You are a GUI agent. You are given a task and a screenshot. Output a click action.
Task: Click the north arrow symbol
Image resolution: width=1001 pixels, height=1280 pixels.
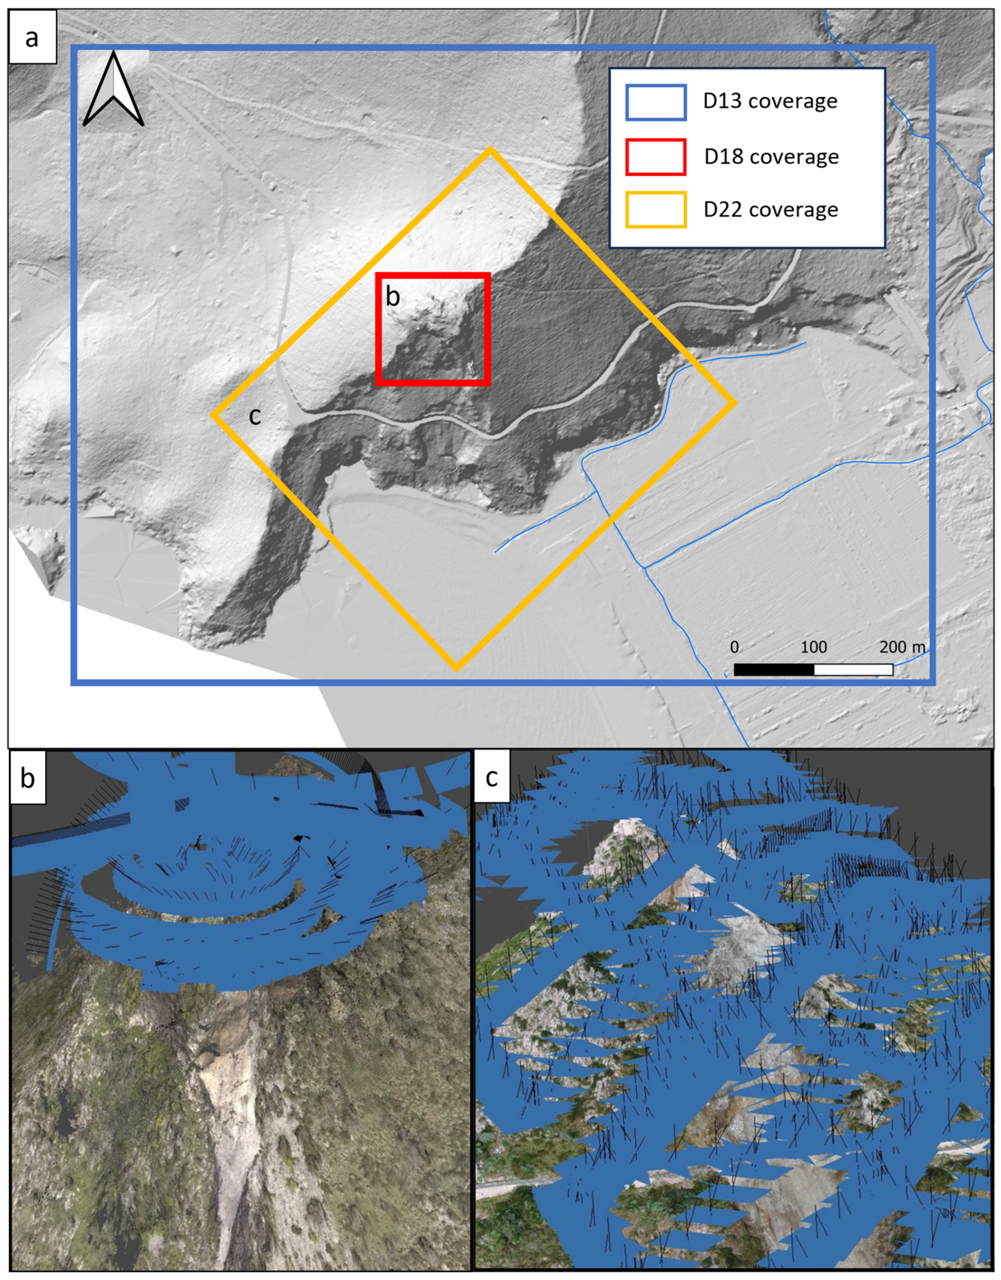(113, 89)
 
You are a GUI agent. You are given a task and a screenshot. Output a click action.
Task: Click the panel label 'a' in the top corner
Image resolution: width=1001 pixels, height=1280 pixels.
(32, 38)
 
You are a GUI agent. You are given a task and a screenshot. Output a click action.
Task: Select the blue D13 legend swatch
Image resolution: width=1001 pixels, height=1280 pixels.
(656, 103)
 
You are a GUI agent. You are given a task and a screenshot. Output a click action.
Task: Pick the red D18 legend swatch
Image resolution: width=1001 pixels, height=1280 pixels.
(656, 156)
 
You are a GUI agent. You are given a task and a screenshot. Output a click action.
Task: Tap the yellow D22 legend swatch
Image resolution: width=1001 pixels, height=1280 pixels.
(656, 209)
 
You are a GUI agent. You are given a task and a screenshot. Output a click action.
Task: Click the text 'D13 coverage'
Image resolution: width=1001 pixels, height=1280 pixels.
(770, 101)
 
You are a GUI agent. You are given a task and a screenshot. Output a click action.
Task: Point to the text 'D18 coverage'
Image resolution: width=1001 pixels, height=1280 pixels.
(771, 156)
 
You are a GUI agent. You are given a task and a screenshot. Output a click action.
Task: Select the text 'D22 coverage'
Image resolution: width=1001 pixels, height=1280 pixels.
(771, 209)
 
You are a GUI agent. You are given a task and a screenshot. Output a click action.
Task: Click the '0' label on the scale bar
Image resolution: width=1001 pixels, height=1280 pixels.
(734, 647)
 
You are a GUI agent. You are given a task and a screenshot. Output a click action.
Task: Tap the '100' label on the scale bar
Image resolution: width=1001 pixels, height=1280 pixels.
(813, 647)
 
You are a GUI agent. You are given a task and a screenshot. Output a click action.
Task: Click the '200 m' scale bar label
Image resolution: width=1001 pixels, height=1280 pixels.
(902, 647)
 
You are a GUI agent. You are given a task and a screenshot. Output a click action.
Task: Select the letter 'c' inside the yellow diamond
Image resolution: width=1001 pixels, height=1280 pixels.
(255, 416)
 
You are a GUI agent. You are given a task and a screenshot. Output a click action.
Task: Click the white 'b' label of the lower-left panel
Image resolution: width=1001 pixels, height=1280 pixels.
(28, 778)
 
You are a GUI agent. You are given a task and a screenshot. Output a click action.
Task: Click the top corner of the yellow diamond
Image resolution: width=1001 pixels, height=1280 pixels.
(490, 150)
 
